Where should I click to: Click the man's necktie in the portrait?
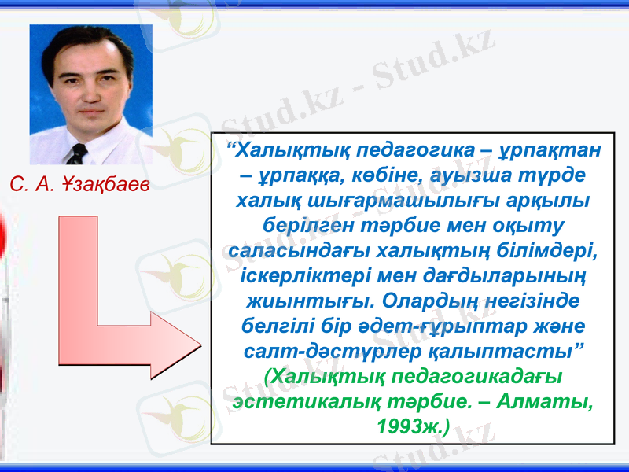(77, 153)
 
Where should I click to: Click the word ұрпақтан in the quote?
(550, 149)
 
